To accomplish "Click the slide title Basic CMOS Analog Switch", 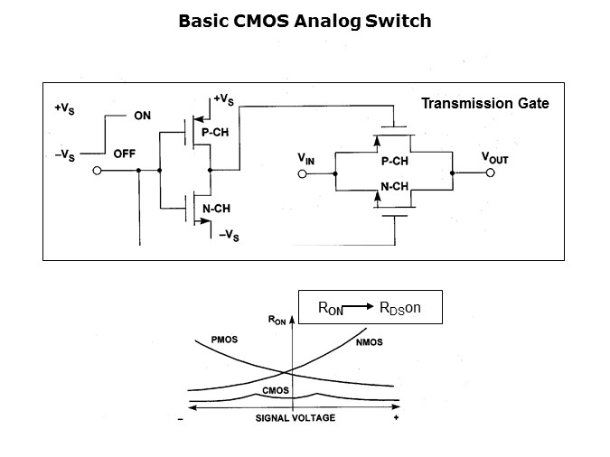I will [x=305, y=20].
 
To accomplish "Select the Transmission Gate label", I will [x=484, y=104].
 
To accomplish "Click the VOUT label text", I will [x=494, y=157].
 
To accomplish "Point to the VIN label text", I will [x=306, y=158].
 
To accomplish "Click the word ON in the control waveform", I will [x=143, y=116].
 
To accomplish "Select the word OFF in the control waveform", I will [x=124, y=154].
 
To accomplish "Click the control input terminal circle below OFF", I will [x=97, y=169].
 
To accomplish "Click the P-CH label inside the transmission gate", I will [x=395, y=161].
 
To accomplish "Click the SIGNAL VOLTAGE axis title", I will [x=295, y=418].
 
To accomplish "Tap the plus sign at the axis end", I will [x=396, y=419].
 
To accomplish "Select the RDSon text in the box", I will [x=400, y=307].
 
